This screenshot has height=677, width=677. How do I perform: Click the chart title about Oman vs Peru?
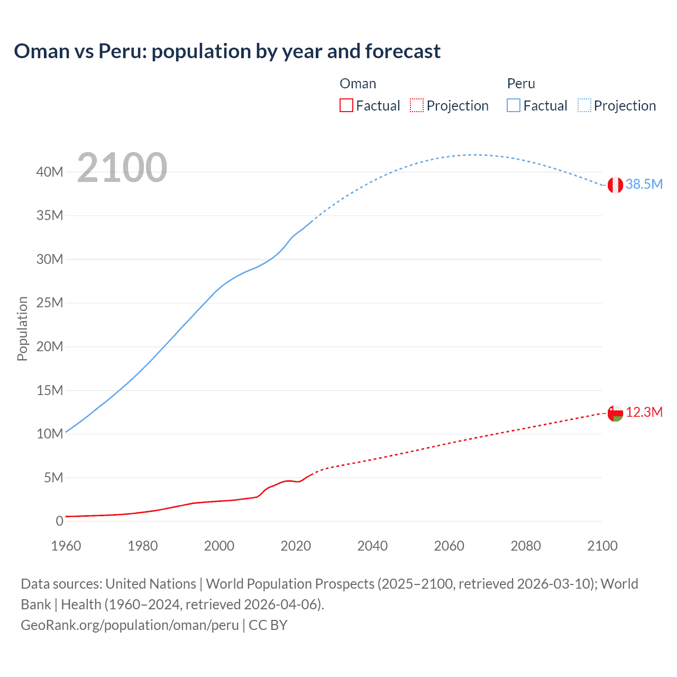[x=227, y=51]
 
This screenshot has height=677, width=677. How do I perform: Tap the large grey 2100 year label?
[x=122, y=168]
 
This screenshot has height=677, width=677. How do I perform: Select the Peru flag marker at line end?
[x=615, y=185]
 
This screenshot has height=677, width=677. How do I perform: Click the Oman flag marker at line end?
[x=615, y=413]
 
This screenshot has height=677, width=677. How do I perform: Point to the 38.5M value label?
[x=644, y=184]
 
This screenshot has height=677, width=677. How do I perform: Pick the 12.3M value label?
[x=644, y=413]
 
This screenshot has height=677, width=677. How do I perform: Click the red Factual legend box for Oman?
[x=346, y=106]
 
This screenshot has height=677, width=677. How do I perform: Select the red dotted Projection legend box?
[x=417, y=106]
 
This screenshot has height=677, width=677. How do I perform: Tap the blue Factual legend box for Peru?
[x=514, y=106]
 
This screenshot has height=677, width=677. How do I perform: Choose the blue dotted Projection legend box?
[x=584, y=106]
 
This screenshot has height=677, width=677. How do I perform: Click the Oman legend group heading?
[x=358, y=84]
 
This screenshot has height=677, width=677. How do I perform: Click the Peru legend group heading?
[x=521, y=84]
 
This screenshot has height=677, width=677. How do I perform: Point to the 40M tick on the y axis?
[x=50, y=172]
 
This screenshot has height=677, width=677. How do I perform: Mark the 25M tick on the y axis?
[x=50, y=303]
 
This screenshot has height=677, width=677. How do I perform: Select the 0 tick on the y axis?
[x=59, y=522]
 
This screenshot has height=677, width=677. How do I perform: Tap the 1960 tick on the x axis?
[x=66, y=546]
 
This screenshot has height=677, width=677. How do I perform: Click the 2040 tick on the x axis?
[x=372, y=546]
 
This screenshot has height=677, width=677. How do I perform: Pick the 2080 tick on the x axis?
[x=526, y=546]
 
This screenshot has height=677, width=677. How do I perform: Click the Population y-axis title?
[x=22, y=328]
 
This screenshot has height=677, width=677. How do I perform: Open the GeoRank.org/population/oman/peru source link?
[x=130, y=625]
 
